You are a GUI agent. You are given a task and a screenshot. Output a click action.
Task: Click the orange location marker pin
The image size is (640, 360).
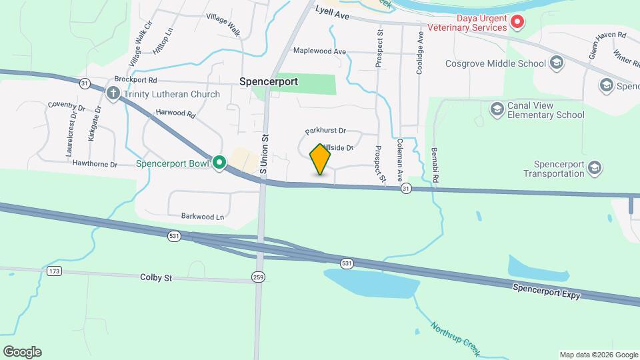(320, 159)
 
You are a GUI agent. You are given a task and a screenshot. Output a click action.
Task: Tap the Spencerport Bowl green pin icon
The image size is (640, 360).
(219, 163)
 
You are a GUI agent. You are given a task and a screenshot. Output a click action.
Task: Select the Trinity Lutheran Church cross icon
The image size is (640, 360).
(113, 94)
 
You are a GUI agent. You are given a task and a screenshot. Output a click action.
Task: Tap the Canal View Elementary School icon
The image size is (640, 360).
(497, 109)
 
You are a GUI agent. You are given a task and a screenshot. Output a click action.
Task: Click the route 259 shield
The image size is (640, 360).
(258, 276)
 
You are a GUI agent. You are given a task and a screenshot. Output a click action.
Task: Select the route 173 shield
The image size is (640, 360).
(54, 271)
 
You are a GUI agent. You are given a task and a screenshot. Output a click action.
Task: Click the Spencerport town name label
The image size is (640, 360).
(269, 81)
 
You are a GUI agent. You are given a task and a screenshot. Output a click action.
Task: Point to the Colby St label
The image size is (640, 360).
(156, 277)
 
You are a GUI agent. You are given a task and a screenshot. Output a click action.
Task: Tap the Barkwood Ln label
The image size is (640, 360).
(203, 217)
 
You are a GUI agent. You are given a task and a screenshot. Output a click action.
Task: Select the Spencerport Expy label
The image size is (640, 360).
(547, 291)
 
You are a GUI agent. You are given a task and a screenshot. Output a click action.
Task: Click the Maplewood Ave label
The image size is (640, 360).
(320, 51)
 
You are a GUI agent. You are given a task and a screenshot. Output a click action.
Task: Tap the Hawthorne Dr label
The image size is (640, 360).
(95, 164)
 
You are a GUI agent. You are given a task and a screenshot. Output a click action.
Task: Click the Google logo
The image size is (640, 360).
(22, 352)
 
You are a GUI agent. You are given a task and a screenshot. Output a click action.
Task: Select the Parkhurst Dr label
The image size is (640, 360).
(326, 131)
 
